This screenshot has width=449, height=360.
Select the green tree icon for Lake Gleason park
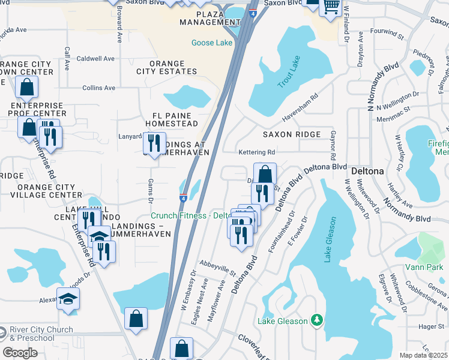316,321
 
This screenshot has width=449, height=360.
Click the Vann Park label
432,266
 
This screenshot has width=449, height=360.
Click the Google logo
20,353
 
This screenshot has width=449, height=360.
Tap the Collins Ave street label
98,88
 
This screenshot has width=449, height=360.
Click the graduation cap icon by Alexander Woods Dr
68,298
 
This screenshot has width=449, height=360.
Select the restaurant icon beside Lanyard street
154,142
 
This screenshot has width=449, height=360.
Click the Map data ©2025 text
423,355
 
